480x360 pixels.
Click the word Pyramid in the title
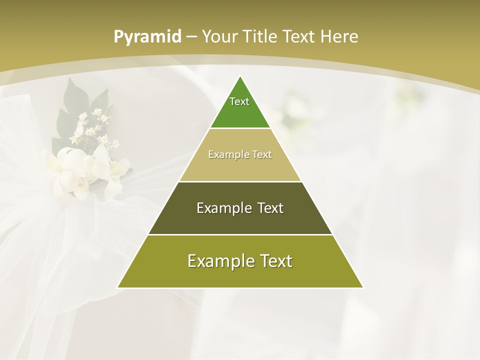(147, 37)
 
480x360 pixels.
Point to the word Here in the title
(339, 36)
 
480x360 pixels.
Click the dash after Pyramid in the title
(191, 37)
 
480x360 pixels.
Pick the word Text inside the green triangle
(239, 101)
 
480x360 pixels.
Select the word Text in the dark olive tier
(270, 208)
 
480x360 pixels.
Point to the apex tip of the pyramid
(240, 76)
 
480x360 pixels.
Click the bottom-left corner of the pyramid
(118, 287)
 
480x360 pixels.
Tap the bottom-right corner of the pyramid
(362, 287)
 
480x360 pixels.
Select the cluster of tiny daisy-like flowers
(93, 127)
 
